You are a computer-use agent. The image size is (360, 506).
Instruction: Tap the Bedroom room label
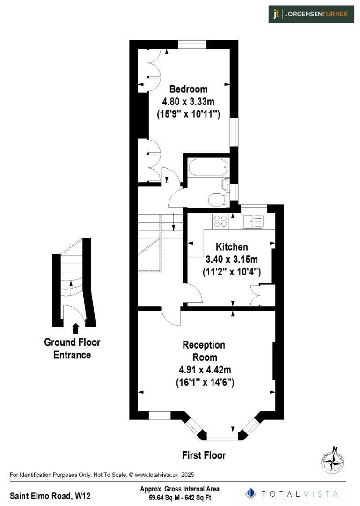188,89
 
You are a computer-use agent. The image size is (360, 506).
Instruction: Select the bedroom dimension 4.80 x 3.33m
188,101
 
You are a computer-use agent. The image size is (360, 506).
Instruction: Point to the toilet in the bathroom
217,200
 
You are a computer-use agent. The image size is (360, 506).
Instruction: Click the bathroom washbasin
225,184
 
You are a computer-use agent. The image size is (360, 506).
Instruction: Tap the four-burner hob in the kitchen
220,221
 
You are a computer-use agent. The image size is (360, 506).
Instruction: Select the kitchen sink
253,221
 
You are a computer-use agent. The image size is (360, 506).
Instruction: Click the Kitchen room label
232,247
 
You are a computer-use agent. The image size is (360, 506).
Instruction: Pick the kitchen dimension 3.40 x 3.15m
232,259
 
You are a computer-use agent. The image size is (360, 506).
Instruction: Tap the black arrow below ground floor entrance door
75,327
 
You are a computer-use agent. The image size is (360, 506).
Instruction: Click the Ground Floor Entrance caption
72,349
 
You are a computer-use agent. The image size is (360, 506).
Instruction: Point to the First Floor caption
204,455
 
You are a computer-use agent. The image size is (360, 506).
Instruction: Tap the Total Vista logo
292,493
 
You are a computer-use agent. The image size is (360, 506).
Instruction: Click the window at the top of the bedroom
192,45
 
